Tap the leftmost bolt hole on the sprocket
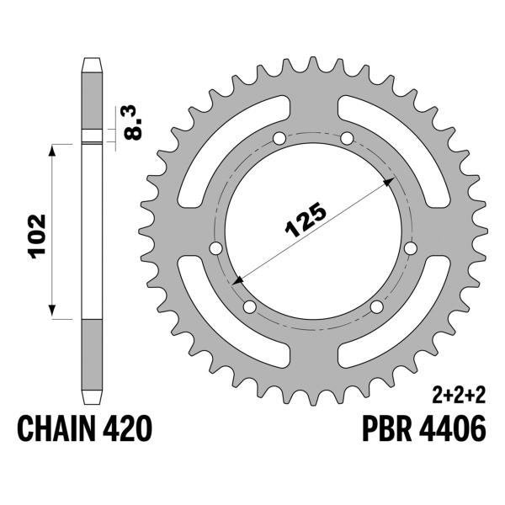click(215, 248)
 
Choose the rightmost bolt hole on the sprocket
click(410, 248)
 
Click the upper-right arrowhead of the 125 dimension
click(389, 182)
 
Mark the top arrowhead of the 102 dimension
click(55, 150)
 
